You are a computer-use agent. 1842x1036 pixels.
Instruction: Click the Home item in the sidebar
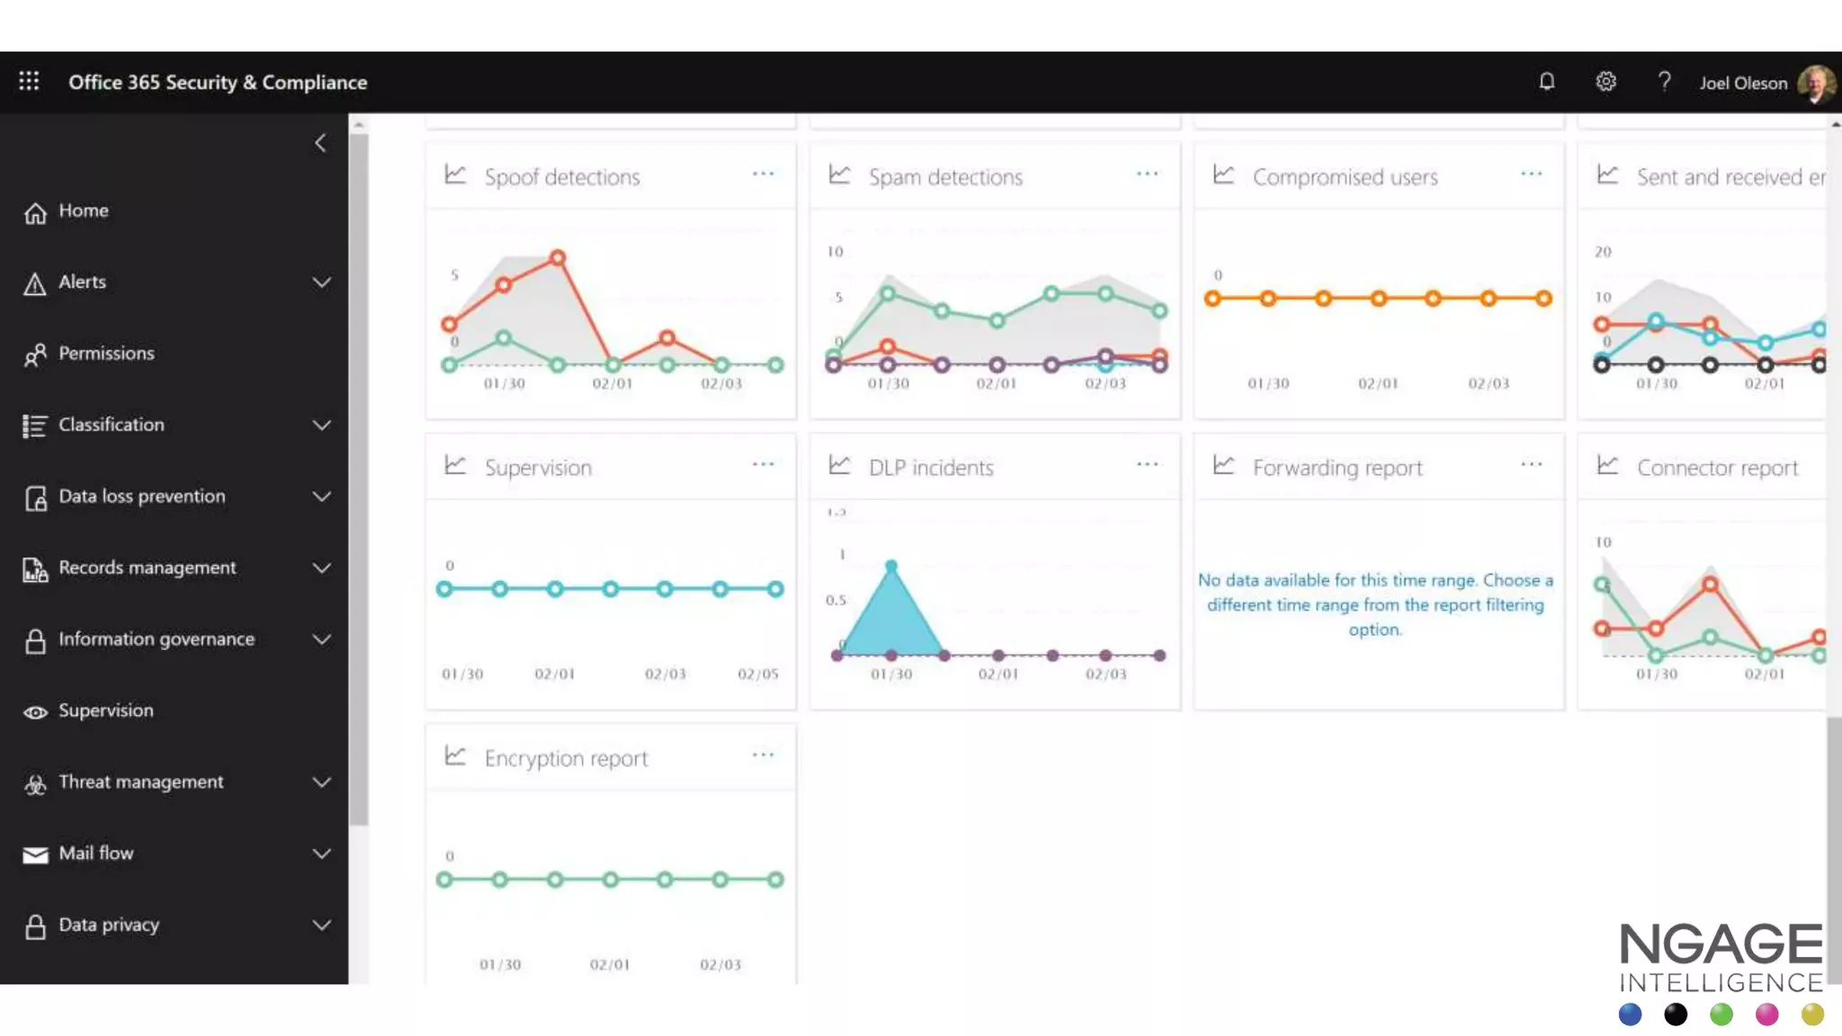(x=83, y=210)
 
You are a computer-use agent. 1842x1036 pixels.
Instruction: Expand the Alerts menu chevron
(x=321, y=282)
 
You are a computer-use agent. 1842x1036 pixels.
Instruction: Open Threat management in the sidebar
(x=140, y=781)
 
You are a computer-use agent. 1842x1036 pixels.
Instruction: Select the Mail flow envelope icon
(x=35, y=854)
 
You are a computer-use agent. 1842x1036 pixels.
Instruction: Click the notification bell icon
(x=1546, y=82)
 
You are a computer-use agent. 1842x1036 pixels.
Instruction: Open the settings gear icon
(x=1605, y=82)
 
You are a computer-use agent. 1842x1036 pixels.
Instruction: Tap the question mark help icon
(x=1664, y=82)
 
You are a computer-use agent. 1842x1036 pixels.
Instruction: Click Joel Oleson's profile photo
(x=1815, y=84)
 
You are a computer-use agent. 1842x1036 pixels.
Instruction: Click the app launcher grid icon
(x=29, y=82)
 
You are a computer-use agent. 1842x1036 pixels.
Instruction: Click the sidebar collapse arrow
(x=320, y=143)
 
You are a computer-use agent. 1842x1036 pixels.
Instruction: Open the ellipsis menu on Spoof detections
(x=763, y=174)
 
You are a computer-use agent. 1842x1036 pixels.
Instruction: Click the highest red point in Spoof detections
(x=558, y=258)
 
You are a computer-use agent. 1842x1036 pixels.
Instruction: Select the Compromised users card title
(x=1345, y=177)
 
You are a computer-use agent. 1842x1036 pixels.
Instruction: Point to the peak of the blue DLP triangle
(x=890, y=566)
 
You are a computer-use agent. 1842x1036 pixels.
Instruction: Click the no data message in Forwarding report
(x=1375, y=604)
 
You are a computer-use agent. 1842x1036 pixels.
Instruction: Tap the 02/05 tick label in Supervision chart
(x=757, y=674)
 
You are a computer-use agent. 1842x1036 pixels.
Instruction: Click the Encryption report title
(x=566, y=758)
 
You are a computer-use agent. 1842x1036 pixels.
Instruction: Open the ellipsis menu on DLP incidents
(x=1147, y=465)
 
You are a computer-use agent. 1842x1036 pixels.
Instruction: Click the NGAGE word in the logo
(x=1721, y=944)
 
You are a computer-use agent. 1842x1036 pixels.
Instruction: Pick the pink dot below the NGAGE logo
(x=1766, y=1014)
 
